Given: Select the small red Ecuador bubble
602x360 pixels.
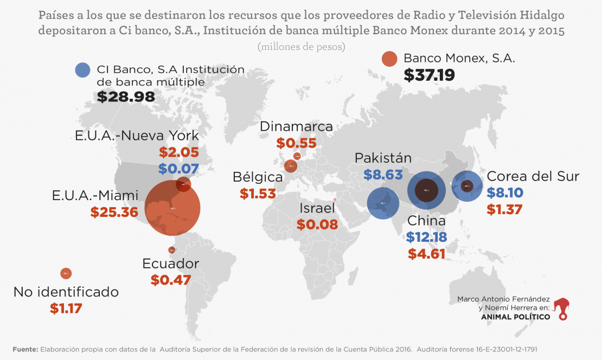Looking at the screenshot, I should point(172,250).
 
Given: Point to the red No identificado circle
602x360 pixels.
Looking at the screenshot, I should point(66,274).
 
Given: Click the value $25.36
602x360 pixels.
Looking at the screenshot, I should point(114,212).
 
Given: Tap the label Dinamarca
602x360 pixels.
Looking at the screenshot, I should point(296,126).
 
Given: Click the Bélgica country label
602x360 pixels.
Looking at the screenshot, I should point(258,177).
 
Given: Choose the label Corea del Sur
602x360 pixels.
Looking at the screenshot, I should point(533,176).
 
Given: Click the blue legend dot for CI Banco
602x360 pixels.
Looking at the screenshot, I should point(82,70).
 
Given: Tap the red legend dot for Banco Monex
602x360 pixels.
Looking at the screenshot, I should point(389,59).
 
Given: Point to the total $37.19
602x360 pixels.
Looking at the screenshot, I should point(429,75).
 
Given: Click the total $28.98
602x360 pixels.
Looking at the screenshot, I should point(126,97).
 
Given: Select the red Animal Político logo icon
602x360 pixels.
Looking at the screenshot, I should point(566,308).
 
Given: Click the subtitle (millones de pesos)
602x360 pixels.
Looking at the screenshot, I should point(301,47).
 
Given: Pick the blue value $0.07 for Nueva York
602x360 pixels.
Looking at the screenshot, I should point(178,169).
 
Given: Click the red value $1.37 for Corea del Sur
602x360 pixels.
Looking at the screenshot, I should point(505,209).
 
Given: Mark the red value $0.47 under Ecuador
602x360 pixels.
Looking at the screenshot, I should point(171,280).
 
